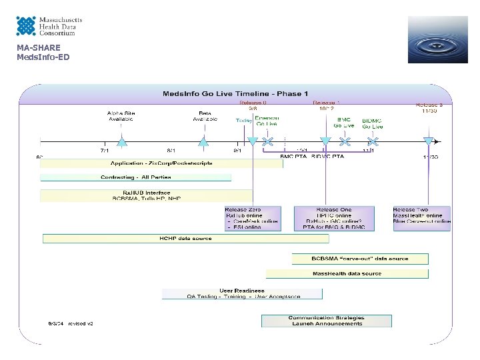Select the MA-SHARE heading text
tap(39, 47)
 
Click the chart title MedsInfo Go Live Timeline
tap(236, 93)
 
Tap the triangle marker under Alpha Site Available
tap(121, 141)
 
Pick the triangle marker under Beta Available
tap(203, 141)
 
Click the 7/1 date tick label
tap(105, 151)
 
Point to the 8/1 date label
tap(172, 151)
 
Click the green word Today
tap(244, 121)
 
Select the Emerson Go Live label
tap(267, 121)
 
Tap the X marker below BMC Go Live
tap(345, 141)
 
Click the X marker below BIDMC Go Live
tap(373, 141)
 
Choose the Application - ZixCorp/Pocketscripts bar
tap(161, 163)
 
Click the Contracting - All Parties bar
tap(136, 177)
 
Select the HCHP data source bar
tap(185, 238)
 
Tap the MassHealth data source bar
tap(347, 273)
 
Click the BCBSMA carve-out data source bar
tap(360, 259)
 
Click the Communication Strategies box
tap(326, 321)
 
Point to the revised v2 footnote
tap(70, 323)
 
